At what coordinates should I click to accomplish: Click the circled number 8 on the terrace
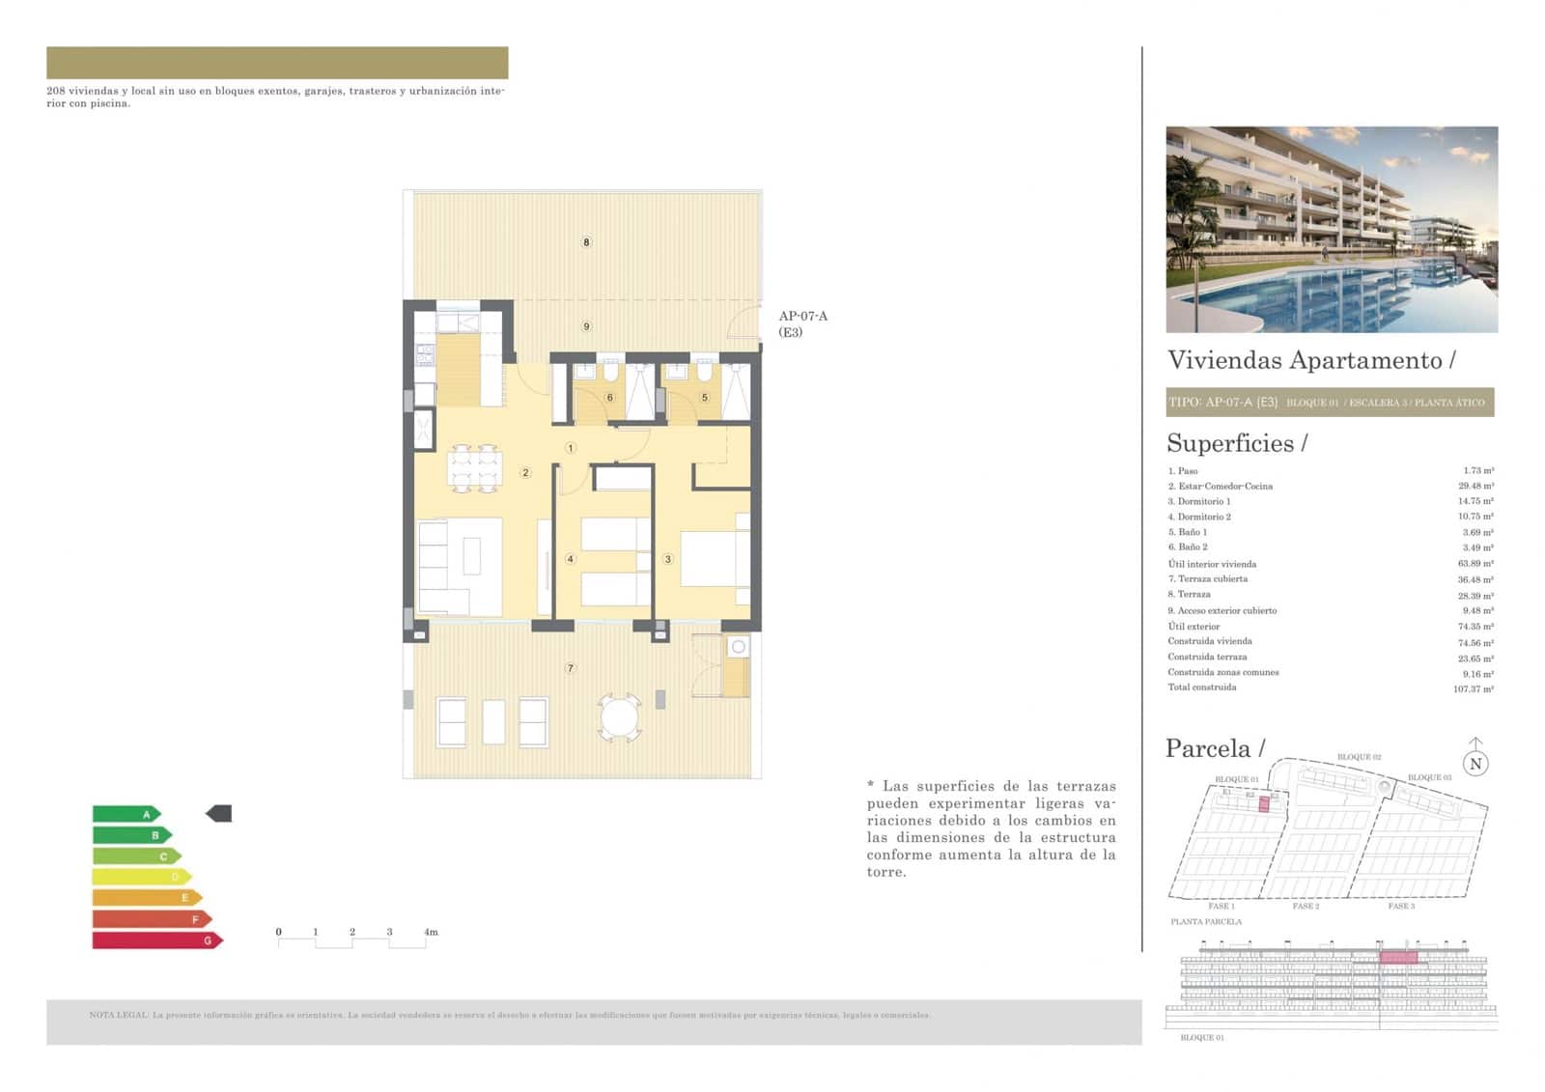pyautogui.click(x=586, y=242)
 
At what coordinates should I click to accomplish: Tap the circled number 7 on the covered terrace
pyautogui.click(x=571, y=668)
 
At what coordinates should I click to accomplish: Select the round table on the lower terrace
pyautogui.click(x=619, y=717)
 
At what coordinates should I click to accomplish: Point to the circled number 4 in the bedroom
pyautogui.click(x=571, y=559)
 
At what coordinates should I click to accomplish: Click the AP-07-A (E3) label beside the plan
pyautogui.click(x=802, y=323)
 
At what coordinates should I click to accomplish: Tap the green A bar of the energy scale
pyautogui.click(x=126, y=814)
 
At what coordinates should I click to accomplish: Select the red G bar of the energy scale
pyautogui.click(x=156, y=940)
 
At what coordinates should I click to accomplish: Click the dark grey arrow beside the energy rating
pyautogui.click(x=219, y=814)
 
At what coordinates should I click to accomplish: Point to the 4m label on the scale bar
pyautogui.click(x=431, y=932)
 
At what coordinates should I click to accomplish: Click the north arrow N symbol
pyautogui.click(x=1475, y=762)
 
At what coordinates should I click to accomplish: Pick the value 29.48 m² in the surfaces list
pyautogui.click(x=1475, y=487)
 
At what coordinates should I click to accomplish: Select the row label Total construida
pyautogui.click(x=1202, y=687)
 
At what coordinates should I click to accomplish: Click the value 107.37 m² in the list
pyautogui.click(x=1474, y=688)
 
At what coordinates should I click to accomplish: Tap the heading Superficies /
pyautogui.click(x=1236, y=443)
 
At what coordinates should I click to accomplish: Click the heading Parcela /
pyautogui.click(x=1215, y=748)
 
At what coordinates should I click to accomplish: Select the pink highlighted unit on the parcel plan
pyautogui.click(x=1263, y=803)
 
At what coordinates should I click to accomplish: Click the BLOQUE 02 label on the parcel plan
pyautogui.click(x=1359, y=757)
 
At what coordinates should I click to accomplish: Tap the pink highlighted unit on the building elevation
pyautogui.click(x=1398, y=957)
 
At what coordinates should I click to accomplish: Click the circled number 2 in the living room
pyautogui.click(x=525, y=473)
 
